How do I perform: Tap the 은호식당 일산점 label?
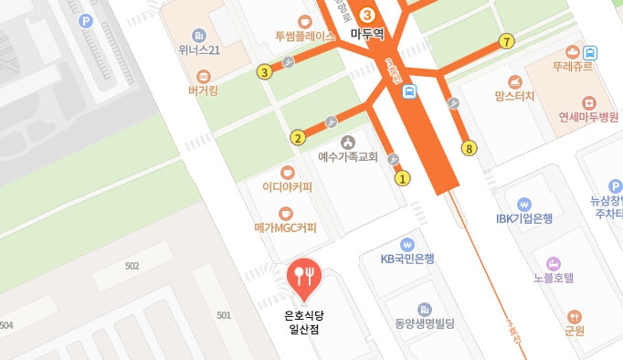[x=304, y=323]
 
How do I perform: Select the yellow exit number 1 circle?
[x=402, y=178]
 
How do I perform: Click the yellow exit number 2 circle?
[x=297, y=139]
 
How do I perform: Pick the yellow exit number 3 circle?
[x=264, y=72]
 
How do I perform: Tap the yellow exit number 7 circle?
[x=507, y=41]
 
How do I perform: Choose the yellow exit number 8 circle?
[x=470, y=148]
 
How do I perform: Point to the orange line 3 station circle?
[x=367, y=14]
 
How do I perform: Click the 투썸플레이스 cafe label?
[x=305, y=37]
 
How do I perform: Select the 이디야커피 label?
[x=287, y=187]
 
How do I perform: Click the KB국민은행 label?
[x=407, y=258]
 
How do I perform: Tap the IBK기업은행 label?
[x=524, y=218]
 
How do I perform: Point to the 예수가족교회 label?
[x=347, y=156]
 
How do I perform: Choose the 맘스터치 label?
[x=514, y=95]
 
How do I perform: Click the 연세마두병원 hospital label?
[x=589, y=117]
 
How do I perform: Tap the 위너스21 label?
[x=199, y=49]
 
